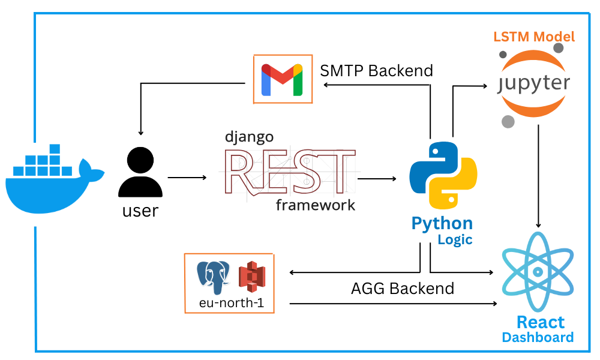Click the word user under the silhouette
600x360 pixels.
click(x=140, y=211)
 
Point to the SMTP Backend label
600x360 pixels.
click(x=376, y=71)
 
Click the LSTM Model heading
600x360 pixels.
click(x=534, y=37)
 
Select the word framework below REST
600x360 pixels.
click(x=316, y=205)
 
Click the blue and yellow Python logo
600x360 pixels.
click(x=443, y=175)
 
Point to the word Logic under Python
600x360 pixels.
click(x=455, y=240)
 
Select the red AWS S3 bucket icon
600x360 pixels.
click(x=251, y=277)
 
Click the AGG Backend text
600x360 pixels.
click(x=402, y=289)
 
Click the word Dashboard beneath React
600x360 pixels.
click(x=538, y=337)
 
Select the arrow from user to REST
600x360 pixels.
click(x=187, y=178)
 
